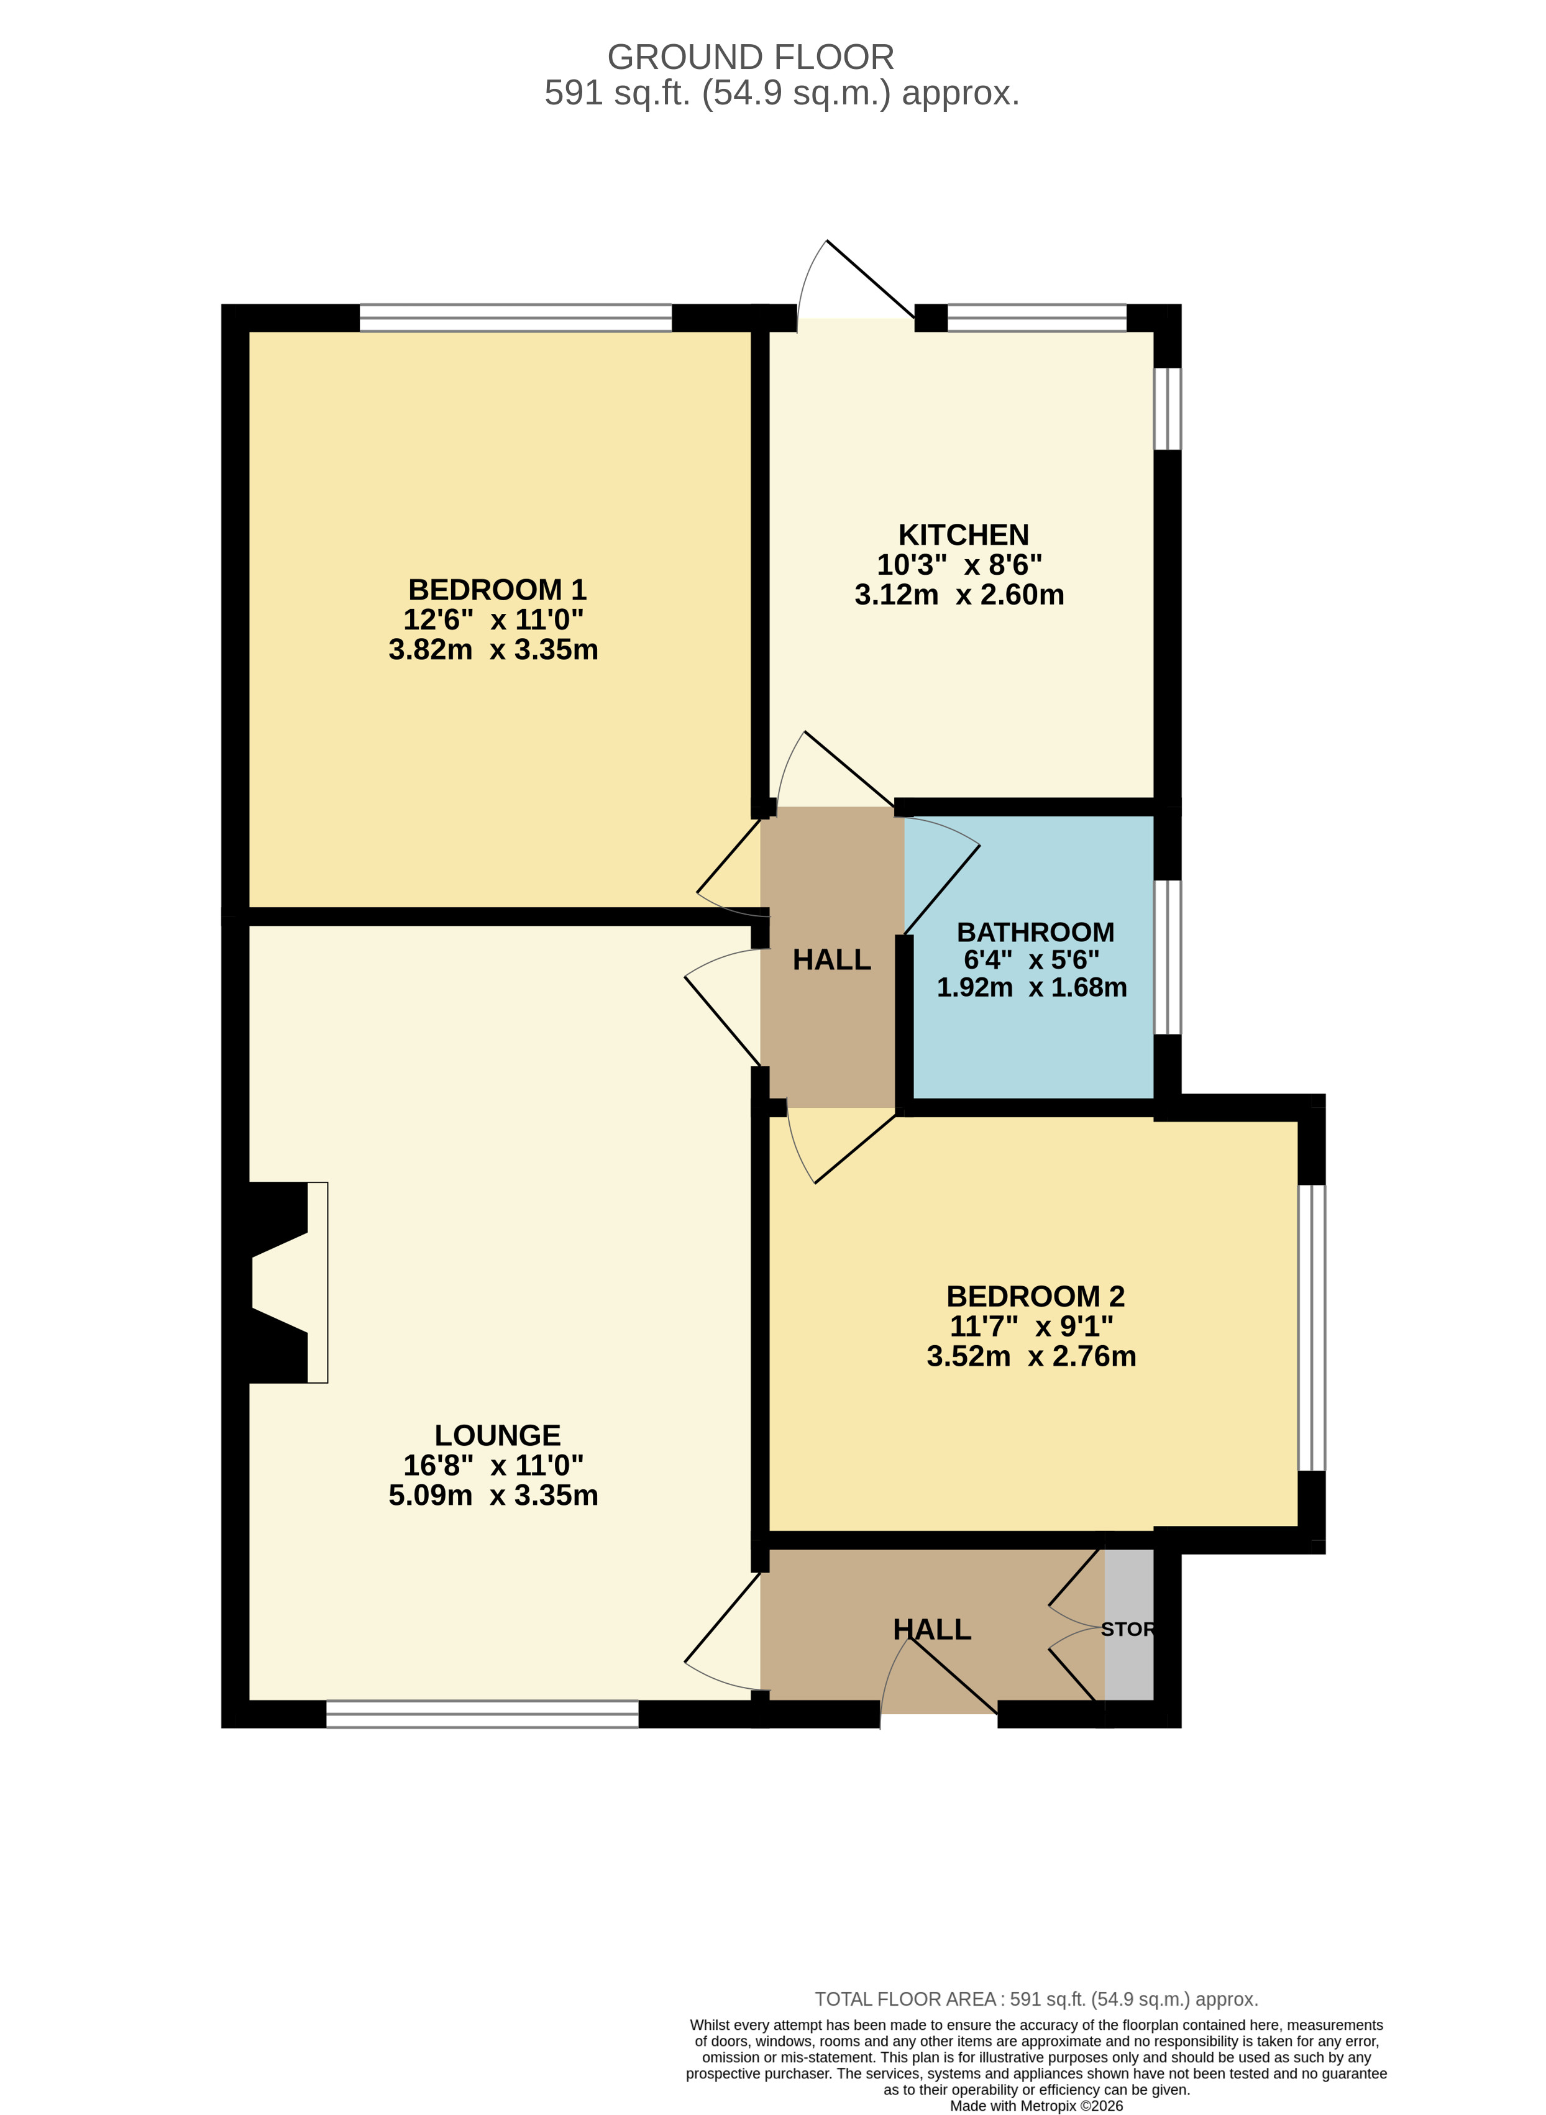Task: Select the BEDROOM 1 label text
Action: tap(497, 590)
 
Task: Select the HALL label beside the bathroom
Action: tap(831, 959)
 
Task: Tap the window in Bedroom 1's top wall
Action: tap(516, 317)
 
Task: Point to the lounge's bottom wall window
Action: tap(482, 1714)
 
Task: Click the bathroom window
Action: tap(1167, 956)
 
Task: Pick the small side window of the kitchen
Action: tap(1167, 408)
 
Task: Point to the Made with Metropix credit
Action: tap(1036, 2106)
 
